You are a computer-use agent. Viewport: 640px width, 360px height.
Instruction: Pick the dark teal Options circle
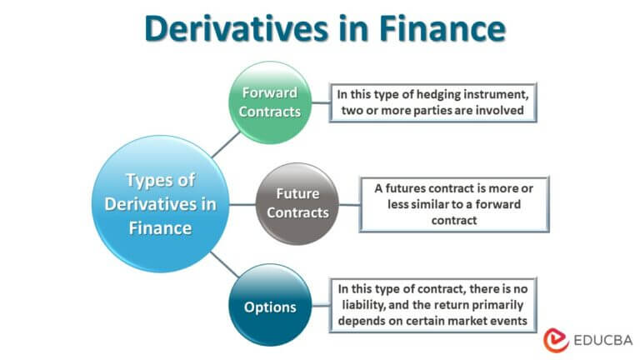270,307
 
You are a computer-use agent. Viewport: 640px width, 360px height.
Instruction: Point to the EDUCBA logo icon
556,339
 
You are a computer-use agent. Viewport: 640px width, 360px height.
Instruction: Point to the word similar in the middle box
414,203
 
